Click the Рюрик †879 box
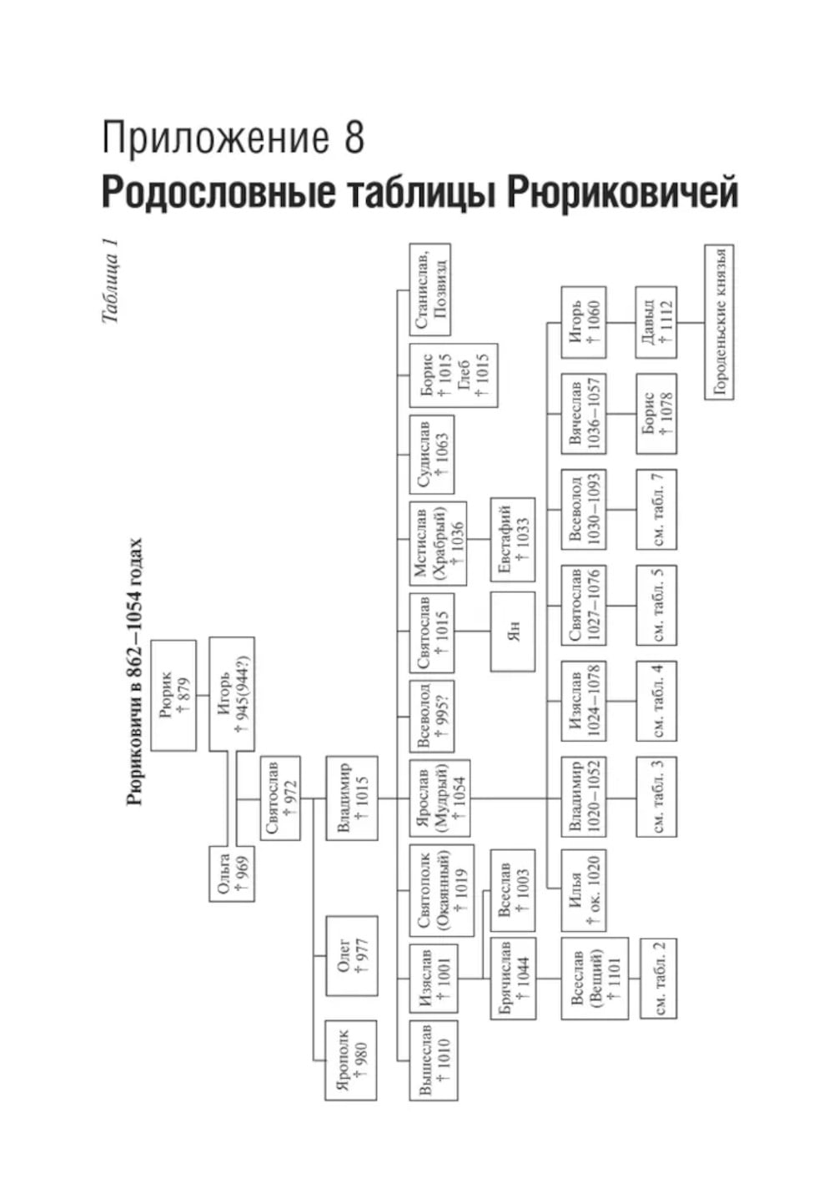[x=173, y=695]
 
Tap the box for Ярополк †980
[x=349, y=1055]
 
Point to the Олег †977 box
[x=351, y=956]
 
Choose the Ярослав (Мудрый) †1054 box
[x=440, y=798]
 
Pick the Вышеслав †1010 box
[x=433, y=1060]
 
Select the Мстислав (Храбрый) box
[x=438, y=542]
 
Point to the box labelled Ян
[x=512, y=632]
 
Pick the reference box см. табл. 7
[x=656, y=509]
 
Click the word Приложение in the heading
[x=214, y=138]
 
